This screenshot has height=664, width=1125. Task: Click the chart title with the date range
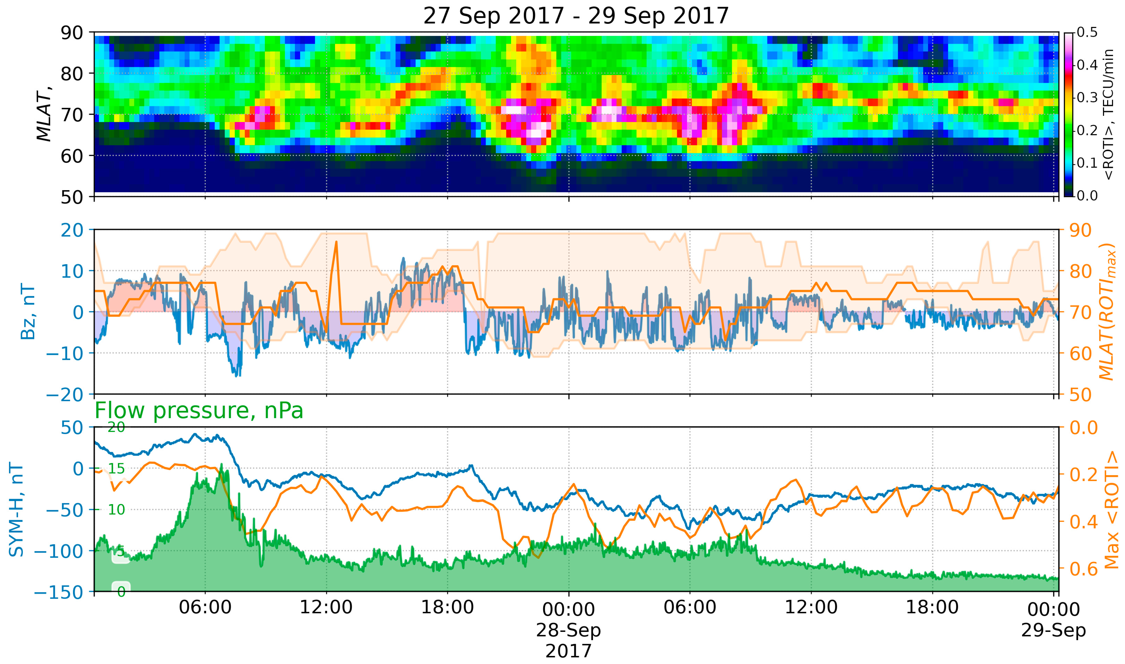coord(576,16)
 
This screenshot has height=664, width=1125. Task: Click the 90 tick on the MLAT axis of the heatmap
coord(72,33)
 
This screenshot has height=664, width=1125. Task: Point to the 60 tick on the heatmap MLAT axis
coord(72,156)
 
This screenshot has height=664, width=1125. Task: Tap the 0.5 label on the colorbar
coord(1087,33)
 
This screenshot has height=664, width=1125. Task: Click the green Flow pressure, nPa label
coord(199,410)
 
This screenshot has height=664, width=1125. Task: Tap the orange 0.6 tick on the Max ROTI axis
coord(1083,569)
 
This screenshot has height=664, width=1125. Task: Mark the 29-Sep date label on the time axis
coord(1053,630)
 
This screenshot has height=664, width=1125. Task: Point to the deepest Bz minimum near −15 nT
coord(237,375)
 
